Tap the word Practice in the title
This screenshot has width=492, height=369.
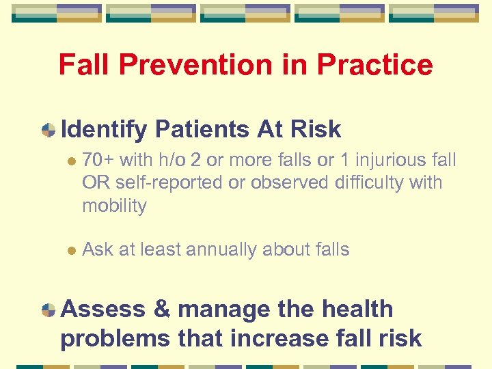pyautogui.click(x=368, y=65)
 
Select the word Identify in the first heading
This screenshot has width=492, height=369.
pyautogui.click(x=104, y=129)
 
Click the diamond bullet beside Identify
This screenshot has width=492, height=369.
pyautogui.click(x=49, y=130)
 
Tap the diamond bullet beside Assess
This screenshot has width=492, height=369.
pyautogui.click(x=49, y=310)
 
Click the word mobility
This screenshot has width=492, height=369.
pyautogui.click(x=114, y=206)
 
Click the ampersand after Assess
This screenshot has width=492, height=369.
pyautogui.click(x=162, y=310)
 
